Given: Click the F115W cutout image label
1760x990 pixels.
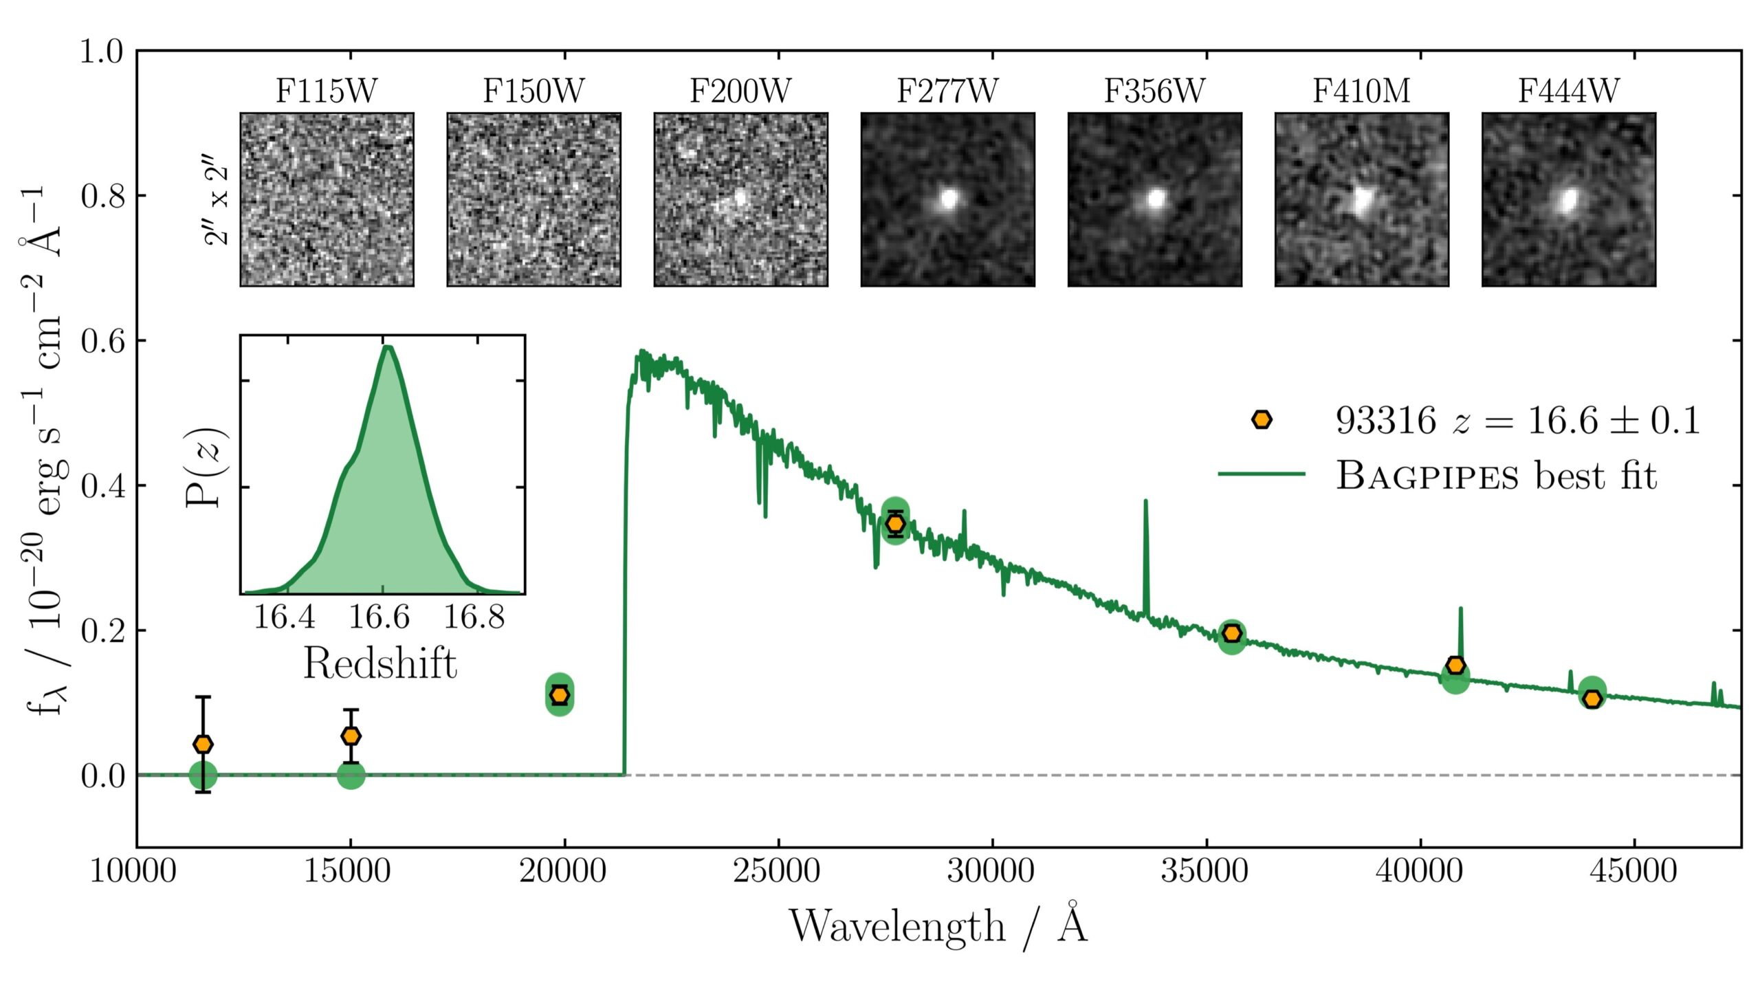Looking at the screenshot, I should pos(327,91).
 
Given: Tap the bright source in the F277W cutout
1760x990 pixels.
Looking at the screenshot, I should pos(949,199).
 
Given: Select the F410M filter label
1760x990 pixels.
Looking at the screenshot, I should pos(1361,91).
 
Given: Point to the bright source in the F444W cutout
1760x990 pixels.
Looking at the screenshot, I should pos(1568,201).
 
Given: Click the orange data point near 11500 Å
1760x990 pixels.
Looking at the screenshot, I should pos(203,744).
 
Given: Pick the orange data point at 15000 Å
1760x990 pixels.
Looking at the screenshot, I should pos(351,736).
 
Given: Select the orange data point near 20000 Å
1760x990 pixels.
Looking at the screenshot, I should pos(560,694).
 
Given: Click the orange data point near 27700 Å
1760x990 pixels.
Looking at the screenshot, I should pos(895,524).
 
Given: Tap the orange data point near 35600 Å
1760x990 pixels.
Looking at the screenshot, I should pos(1232,633).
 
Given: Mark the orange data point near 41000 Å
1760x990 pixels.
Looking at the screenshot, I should pos(1455,665).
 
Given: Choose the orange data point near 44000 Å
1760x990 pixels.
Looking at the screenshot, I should pos(1592,698).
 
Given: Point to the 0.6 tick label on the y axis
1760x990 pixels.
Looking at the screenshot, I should pos(103,341).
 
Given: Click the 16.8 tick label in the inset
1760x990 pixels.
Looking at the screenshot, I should pos(474,617).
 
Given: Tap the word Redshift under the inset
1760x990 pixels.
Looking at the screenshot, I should pos(380,664).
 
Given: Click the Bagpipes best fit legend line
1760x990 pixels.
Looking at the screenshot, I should pos(1261,474).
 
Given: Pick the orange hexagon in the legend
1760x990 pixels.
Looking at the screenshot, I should pos(1262,419).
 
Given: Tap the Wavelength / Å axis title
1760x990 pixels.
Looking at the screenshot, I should pos(938,927).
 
